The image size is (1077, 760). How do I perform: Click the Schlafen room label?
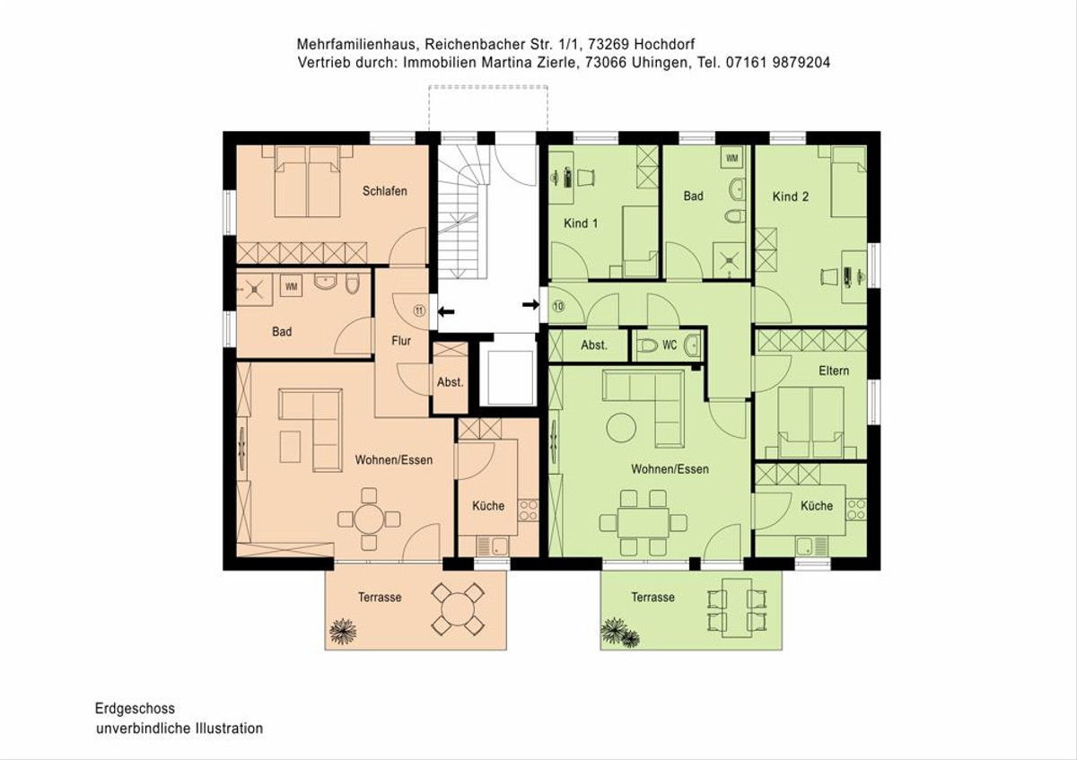[385, 191]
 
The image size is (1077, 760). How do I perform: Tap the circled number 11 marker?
[420, 310]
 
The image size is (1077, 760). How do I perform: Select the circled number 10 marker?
[558, 306]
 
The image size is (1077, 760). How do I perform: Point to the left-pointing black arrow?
[446, 312]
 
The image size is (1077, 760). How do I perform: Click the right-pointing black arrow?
[530, 304]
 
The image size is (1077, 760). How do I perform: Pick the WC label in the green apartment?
[670, 345]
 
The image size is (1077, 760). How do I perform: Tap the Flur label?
[401, 341]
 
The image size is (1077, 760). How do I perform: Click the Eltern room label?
[834, 371]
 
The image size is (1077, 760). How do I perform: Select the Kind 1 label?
[581, 223]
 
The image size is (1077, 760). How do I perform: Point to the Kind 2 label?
[791, 197]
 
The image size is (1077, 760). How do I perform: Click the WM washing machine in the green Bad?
[731, 158]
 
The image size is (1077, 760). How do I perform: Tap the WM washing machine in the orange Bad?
[291, 286]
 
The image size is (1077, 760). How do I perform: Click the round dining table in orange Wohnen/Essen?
[369, 520]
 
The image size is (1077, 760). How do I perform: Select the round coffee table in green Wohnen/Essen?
[621, 427]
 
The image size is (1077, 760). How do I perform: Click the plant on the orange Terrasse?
[343, 630]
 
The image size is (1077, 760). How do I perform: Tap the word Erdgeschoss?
[136, 709]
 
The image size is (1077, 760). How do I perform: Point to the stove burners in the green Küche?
[856, 510]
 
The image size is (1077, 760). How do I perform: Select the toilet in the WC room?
[648, 345]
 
